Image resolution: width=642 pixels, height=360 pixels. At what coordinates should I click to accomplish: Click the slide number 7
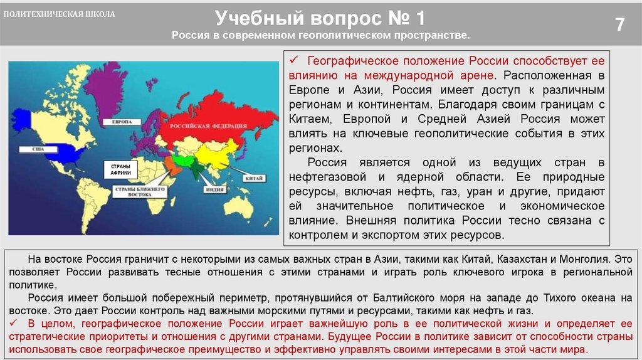(x=619, y=25)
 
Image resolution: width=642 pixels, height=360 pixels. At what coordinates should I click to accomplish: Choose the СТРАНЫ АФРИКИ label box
(x=115, y=170)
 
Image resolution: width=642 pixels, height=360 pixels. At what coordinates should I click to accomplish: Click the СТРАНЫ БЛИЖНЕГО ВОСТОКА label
(x=139, y=191)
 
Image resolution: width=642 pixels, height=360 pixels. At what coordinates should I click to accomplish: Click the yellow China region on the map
(x=213, y=154)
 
